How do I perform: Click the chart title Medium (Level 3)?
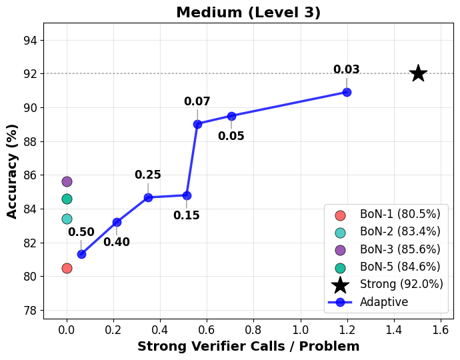pos(248,13)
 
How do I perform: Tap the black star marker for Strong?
pos(418,73)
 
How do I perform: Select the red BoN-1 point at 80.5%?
pos(67,268)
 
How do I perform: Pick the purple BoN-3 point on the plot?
pos(67,181)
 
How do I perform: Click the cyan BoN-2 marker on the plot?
pos(67,219)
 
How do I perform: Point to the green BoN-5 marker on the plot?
pos(67,199)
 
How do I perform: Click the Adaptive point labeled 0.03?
pos(347,92)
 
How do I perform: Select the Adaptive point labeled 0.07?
pos(197,124)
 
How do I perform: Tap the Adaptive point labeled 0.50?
pos(81,254)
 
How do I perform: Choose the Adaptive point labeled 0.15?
pos(187,195)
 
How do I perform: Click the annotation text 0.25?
pos(148,175)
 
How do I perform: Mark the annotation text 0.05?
pos(231,136)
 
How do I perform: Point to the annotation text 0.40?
pos(117,242)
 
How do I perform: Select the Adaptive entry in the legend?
pos(384,302)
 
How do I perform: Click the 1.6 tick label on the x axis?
pos(441,329)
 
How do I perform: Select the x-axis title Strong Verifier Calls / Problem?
pos(248,347)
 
